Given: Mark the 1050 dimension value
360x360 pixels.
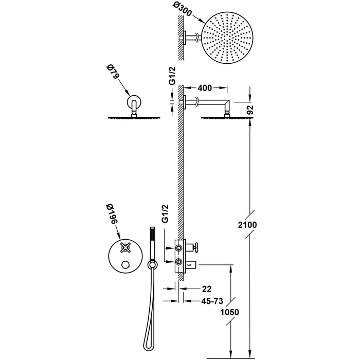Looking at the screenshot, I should [x=228, y=312].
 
